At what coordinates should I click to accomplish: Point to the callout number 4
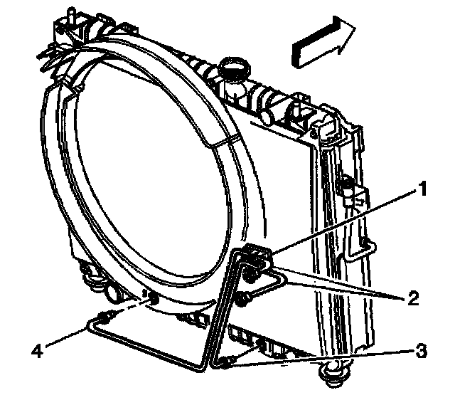pyautogui.click(x=37, y=349)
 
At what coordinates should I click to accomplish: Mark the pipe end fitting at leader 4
pyautogui.click(x=107, y=315)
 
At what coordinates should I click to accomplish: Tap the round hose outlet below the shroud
pyautogui.click(x=114, y=293)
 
